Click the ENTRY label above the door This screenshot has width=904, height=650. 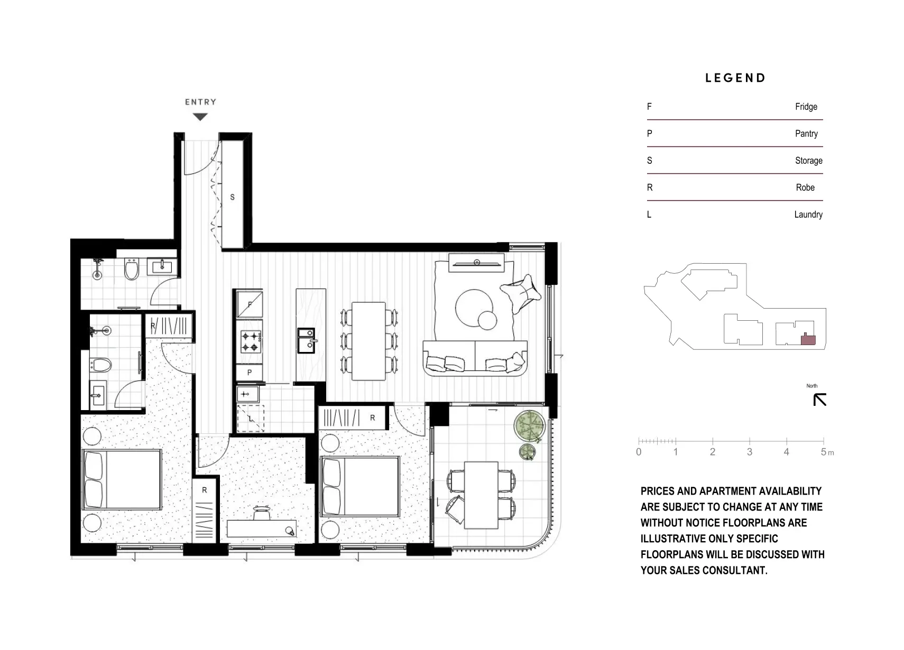[200, 102]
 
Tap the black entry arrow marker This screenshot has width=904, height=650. [200, 117]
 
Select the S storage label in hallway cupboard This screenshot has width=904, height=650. [232, 197]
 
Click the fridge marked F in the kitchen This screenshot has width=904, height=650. [250, 304]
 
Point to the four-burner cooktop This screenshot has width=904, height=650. [250, 341]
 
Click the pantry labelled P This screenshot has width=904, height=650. [250, 372]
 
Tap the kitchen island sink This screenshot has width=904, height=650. [306, 340]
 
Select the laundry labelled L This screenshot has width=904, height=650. [251, 419]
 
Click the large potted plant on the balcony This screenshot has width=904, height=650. [529, 426]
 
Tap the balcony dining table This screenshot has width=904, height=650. [481, 495]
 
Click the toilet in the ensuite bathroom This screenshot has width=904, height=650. [101, 365]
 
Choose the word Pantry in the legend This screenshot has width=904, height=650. [806, 134]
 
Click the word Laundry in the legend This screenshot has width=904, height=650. [808, 215]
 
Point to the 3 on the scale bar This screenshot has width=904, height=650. [749, 452]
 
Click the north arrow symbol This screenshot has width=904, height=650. [819, 400]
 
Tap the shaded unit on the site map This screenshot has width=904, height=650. [808, 340]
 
